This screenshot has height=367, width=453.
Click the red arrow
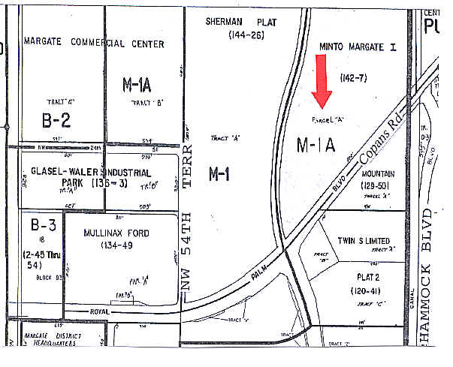322,83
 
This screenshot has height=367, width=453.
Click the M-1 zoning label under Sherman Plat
219,174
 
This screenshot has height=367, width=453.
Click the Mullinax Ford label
116,233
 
